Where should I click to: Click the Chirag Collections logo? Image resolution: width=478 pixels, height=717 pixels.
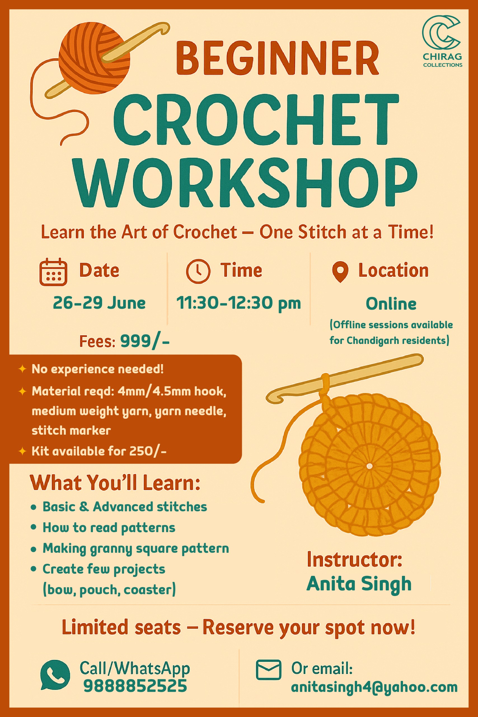pos(442,41)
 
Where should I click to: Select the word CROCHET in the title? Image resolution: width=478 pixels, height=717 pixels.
pos(256,120)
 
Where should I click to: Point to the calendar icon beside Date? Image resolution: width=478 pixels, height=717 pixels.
pos(53,272)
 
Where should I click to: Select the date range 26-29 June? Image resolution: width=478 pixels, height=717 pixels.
pos(99,303)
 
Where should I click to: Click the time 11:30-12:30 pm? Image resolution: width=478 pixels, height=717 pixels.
pos(239,303)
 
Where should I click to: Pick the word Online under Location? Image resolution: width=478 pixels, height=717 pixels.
pos(391,304)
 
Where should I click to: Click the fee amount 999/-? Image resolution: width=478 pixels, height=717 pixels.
pos(145,341)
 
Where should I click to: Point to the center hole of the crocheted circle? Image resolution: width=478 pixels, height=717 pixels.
pos(369,466)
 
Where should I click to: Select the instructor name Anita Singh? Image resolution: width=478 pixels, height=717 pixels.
pos(359,584)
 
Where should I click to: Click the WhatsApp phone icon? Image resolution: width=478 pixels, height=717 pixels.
pos(55,675)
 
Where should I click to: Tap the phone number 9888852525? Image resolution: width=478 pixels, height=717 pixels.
pos(135,686)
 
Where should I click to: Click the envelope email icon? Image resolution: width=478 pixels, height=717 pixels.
pos(269,670)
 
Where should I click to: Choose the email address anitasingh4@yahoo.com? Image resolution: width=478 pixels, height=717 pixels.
pos(374,687)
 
